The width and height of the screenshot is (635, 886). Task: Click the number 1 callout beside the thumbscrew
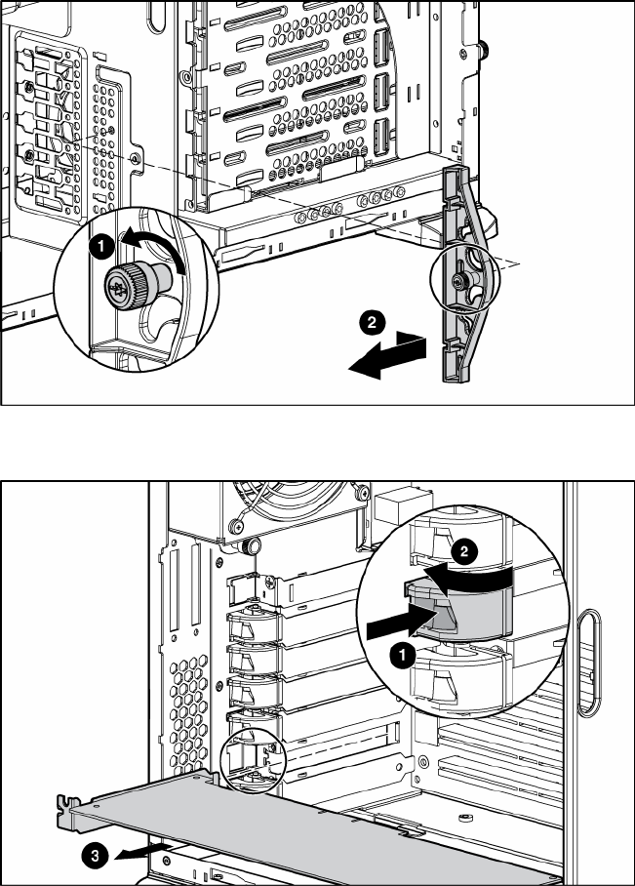point(99,247)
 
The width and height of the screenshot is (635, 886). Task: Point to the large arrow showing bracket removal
point(385,354)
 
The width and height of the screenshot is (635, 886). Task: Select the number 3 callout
point(92,855)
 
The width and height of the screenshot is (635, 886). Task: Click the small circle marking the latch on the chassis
point(251,756)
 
